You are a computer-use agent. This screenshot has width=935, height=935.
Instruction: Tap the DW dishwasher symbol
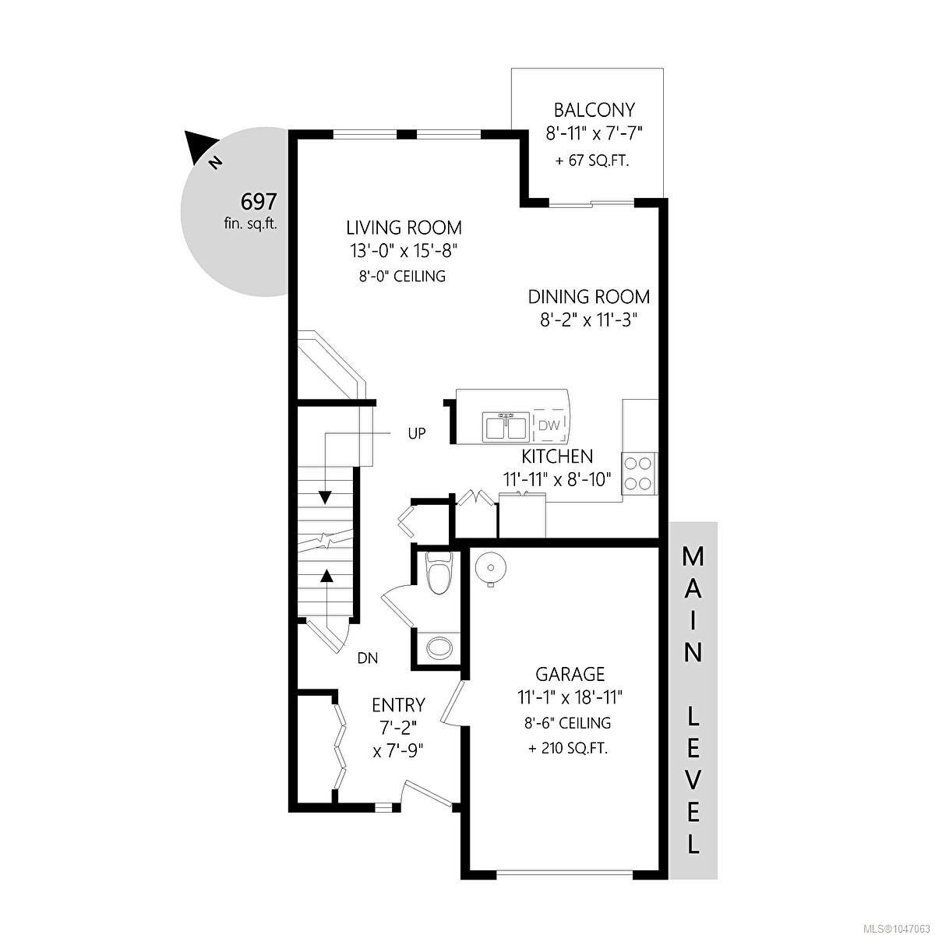click(549, 425)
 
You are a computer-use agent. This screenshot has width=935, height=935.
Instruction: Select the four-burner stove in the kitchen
click(639, 473)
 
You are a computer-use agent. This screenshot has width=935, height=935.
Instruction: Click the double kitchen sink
click(505, 426)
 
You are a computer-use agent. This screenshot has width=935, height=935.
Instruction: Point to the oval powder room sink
click(439, 647)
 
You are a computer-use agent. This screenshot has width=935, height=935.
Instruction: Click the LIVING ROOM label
click(404, 227)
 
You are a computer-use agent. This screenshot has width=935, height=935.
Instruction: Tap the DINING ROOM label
click(588, 296)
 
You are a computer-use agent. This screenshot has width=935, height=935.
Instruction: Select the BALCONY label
click(595, 110)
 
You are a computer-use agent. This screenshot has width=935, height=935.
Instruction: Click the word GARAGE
click(570, 674)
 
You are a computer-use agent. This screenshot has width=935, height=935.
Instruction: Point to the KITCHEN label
click(557, 456)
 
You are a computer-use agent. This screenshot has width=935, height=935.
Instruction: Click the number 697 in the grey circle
click(259, 201)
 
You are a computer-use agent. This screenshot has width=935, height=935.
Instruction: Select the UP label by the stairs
click(416, 433)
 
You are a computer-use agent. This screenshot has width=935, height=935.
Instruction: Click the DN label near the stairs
click(368, 658)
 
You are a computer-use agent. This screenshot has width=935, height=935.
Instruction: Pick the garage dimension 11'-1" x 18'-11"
click(570, 697)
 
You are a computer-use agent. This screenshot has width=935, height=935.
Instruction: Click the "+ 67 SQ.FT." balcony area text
click(592, 161)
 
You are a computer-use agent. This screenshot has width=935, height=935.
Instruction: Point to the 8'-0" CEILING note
click(402, 276)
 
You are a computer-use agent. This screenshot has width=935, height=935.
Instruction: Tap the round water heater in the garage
click(490, 567)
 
